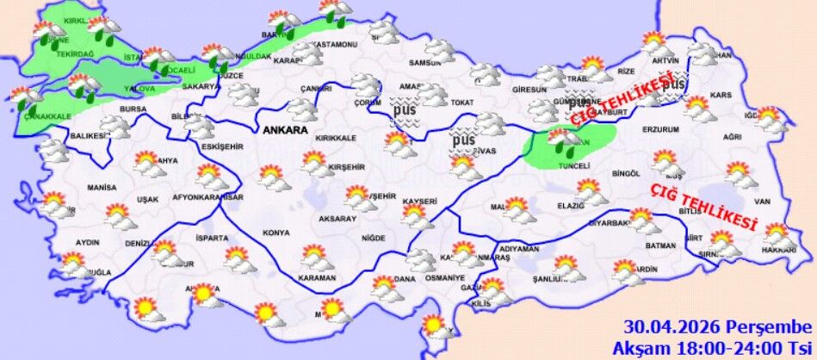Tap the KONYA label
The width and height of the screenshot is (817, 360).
coord(276,233)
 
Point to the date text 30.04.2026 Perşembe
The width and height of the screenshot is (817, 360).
coord(718,328)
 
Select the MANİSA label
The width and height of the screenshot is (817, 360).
coord(102,187)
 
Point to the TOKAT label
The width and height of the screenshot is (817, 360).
coord(461,103)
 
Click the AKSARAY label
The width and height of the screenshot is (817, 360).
coord(337,220)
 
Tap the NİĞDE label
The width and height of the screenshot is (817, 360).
coord(373,238)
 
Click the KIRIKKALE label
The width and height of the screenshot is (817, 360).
coord(336,138)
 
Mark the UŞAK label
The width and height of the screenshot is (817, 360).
coord(147,200)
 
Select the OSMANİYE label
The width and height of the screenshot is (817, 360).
coord(446,278)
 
